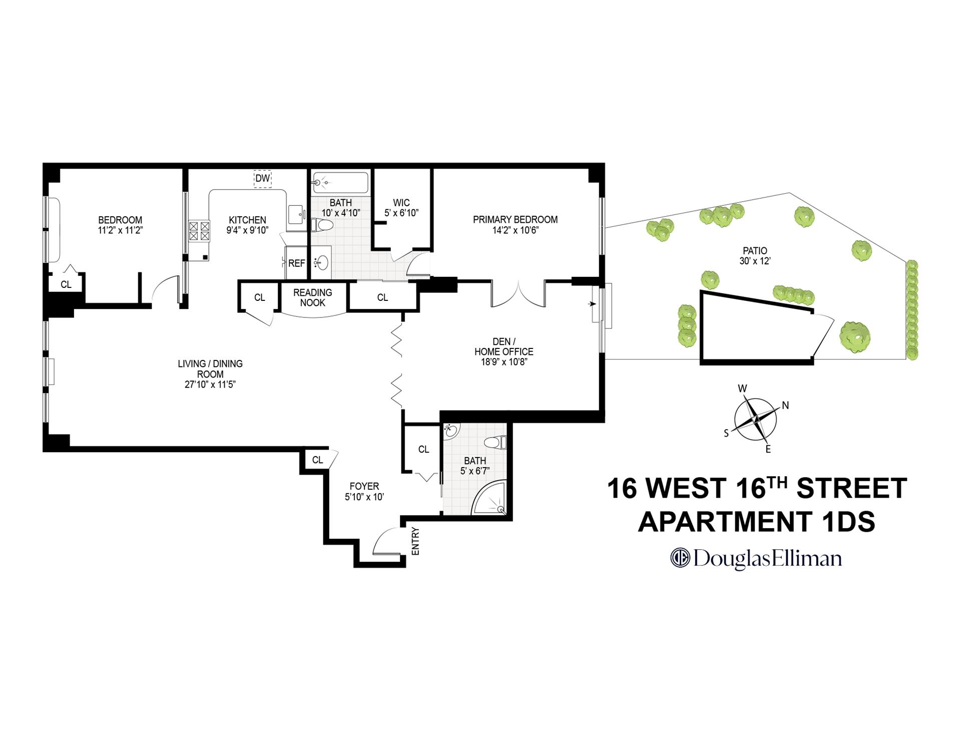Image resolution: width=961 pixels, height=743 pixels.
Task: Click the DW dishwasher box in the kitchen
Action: pyautogui.click(x=262, y=178)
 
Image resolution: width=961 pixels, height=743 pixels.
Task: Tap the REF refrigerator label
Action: pyautogui.click(x=296, y=263)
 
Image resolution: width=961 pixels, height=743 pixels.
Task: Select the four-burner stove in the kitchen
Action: pyautogui.click(x=199, y=231)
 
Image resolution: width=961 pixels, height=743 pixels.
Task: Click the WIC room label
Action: pyautogui.click(x=401, y=203)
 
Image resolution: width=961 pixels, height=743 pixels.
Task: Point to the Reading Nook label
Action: pyautogui.click(x=312, y=297)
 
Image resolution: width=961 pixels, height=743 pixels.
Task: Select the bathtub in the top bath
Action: pyautogui.click(x=340, y=183)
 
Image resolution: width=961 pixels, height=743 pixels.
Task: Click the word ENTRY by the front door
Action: pyautogui.click(x=415, y=541)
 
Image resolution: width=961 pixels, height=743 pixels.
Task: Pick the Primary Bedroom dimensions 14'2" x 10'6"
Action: pyautogui.click(x=515, y=230)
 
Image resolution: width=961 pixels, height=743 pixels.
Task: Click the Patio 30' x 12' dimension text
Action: pyautogui.click(x=754, y=261)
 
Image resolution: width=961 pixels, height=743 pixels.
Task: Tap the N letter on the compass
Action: pyautogui.click(x=785, y=406)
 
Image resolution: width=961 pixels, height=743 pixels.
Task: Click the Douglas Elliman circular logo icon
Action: pyautogui.click(x=680, y=558)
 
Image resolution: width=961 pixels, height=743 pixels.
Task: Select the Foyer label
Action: pyautogui.click(x=364, y=486)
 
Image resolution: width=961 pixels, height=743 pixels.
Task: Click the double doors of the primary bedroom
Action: pyautogui.click(x=518, y=295)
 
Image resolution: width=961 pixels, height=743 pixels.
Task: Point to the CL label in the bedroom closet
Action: pyautogui.click(x=66, y=285)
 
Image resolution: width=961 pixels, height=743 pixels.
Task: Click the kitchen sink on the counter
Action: pyautogui.click(x=296, y=215)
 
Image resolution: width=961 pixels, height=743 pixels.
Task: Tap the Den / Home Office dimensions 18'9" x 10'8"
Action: pyautogui.click(x=504, y=362)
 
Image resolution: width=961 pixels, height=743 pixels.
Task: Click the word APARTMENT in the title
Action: pyautogui.click(x=724, y=522)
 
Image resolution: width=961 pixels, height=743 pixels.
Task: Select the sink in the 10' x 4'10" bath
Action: pyautogui.click(x=321, y=262)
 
